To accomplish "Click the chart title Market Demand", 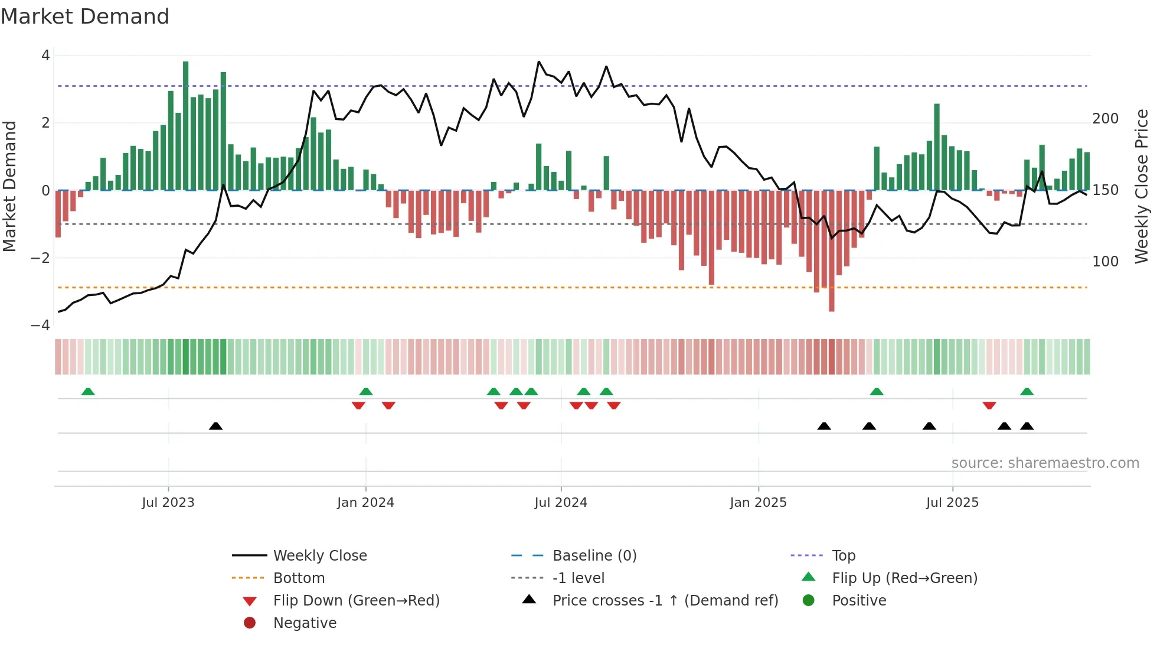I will [85, 17].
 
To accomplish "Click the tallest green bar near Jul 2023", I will [185, 125].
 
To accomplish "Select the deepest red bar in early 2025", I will [831, 250].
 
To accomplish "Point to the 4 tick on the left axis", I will [45, 56].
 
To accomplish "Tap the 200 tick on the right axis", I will [1105, 119].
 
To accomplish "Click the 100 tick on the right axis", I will [1105, 261].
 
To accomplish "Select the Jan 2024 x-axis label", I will [365, 503].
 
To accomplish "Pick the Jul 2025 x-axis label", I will [952, 503].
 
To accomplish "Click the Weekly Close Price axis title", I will [1142, 186].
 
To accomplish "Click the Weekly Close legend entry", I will [320, 556].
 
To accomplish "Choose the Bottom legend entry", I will [299, 578].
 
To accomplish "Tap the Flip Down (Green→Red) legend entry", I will [356, 601].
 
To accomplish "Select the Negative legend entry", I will [305, 623].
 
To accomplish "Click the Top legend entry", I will [844, 556].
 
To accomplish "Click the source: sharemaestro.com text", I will [1045, 463].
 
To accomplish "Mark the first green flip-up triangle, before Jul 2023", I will [88, 392].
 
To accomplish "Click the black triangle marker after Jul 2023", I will [215, 426].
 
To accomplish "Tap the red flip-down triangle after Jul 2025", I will [989, 405].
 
